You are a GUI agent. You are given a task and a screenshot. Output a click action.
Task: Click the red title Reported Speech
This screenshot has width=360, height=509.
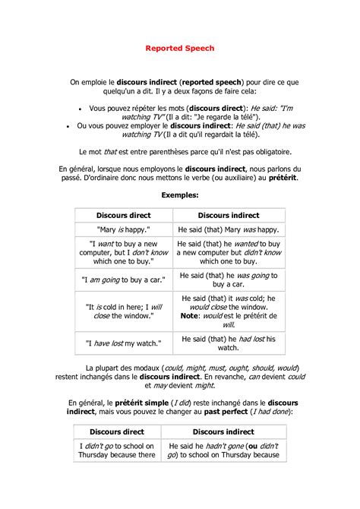(x=180, y=48)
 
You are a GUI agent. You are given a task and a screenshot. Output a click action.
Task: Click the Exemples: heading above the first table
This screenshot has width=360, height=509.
(x=180, y=195)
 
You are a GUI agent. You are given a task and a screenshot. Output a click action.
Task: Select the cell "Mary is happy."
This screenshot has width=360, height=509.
(x=124, y=229)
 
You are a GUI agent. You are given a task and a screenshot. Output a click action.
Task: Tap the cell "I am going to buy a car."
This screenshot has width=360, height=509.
(x=124, y=279)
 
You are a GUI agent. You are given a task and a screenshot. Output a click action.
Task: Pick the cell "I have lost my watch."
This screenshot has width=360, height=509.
(x=124, y=343)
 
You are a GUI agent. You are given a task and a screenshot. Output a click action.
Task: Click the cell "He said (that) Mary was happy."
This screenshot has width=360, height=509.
(x=229, y=229)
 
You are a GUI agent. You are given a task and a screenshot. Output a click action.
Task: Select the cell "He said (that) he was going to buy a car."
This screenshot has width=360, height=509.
(x=229, y=279)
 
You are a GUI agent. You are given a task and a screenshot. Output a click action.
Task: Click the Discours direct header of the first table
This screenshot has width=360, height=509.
(x=124, y=215)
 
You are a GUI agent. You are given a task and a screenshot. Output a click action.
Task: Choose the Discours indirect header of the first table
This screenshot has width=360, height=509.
(x=229, y=215)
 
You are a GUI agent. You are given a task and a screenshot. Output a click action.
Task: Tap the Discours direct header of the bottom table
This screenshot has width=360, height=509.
(x=117, y=431)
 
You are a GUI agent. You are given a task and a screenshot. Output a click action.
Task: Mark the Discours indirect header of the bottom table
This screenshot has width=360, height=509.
(x=223, y=431)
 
